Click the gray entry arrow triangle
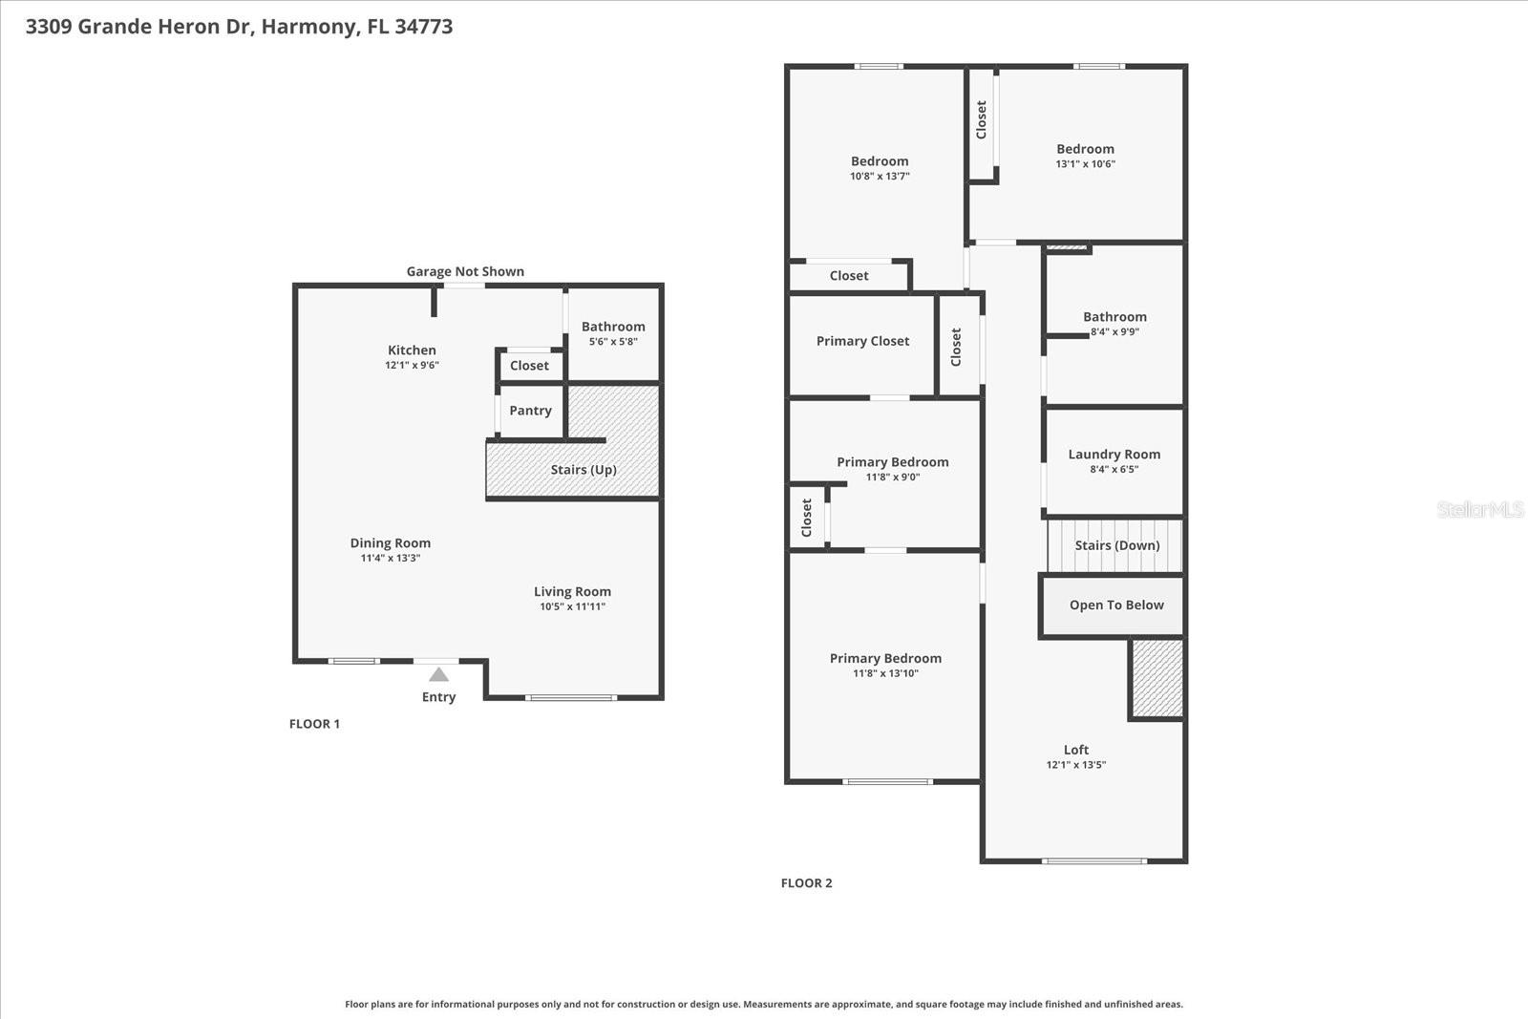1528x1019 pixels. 438,674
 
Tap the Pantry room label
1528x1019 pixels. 530,411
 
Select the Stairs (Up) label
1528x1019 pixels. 584,470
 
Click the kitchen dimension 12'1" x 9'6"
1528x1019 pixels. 412,365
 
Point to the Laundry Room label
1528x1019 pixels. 1114,455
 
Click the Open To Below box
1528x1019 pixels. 1115,605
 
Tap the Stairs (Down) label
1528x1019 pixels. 1116,545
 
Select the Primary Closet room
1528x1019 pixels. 862,341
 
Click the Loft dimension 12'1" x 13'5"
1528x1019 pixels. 1075,764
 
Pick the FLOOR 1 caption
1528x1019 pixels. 314,724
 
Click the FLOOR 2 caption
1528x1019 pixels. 806,883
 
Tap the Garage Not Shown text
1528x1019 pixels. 465,271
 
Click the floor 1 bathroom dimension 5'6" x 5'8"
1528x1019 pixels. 613,342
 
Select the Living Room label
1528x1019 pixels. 572,592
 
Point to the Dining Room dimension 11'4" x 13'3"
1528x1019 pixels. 390,558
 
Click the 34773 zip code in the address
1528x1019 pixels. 423,27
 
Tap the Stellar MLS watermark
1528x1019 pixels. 1479,509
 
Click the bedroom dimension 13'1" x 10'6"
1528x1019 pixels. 1085,163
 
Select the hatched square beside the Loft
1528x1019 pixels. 1157,678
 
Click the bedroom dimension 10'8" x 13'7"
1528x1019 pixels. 880,176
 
